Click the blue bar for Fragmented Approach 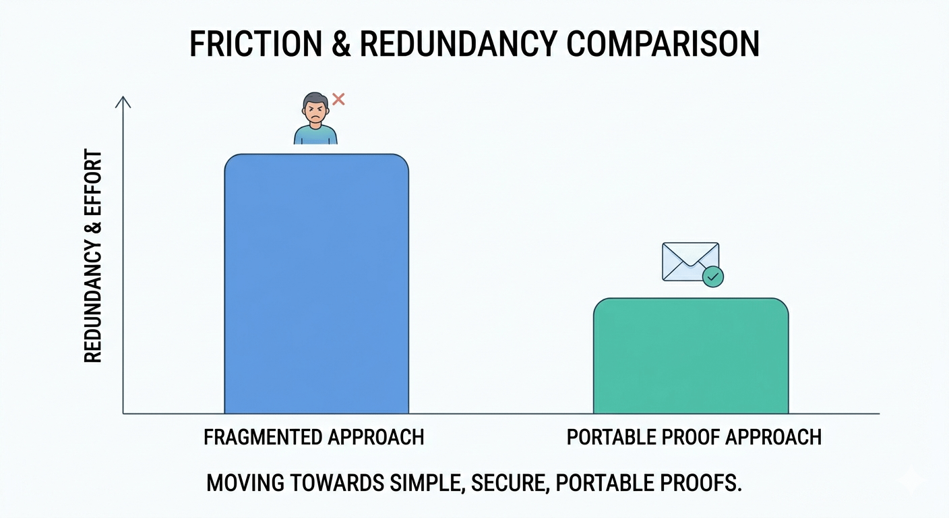tap(317, 283)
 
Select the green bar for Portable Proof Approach tap(691, 355)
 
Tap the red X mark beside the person tap(338, 99)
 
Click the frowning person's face tap(315, 111)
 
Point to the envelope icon tap(690, 262)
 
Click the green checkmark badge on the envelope tap(713, 277)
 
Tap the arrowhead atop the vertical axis tap(123, 102)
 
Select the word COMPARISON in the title tap(663, 44)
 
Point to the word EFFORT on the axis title tap(93, 183)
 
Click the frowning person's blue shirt tap(315, 135)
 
